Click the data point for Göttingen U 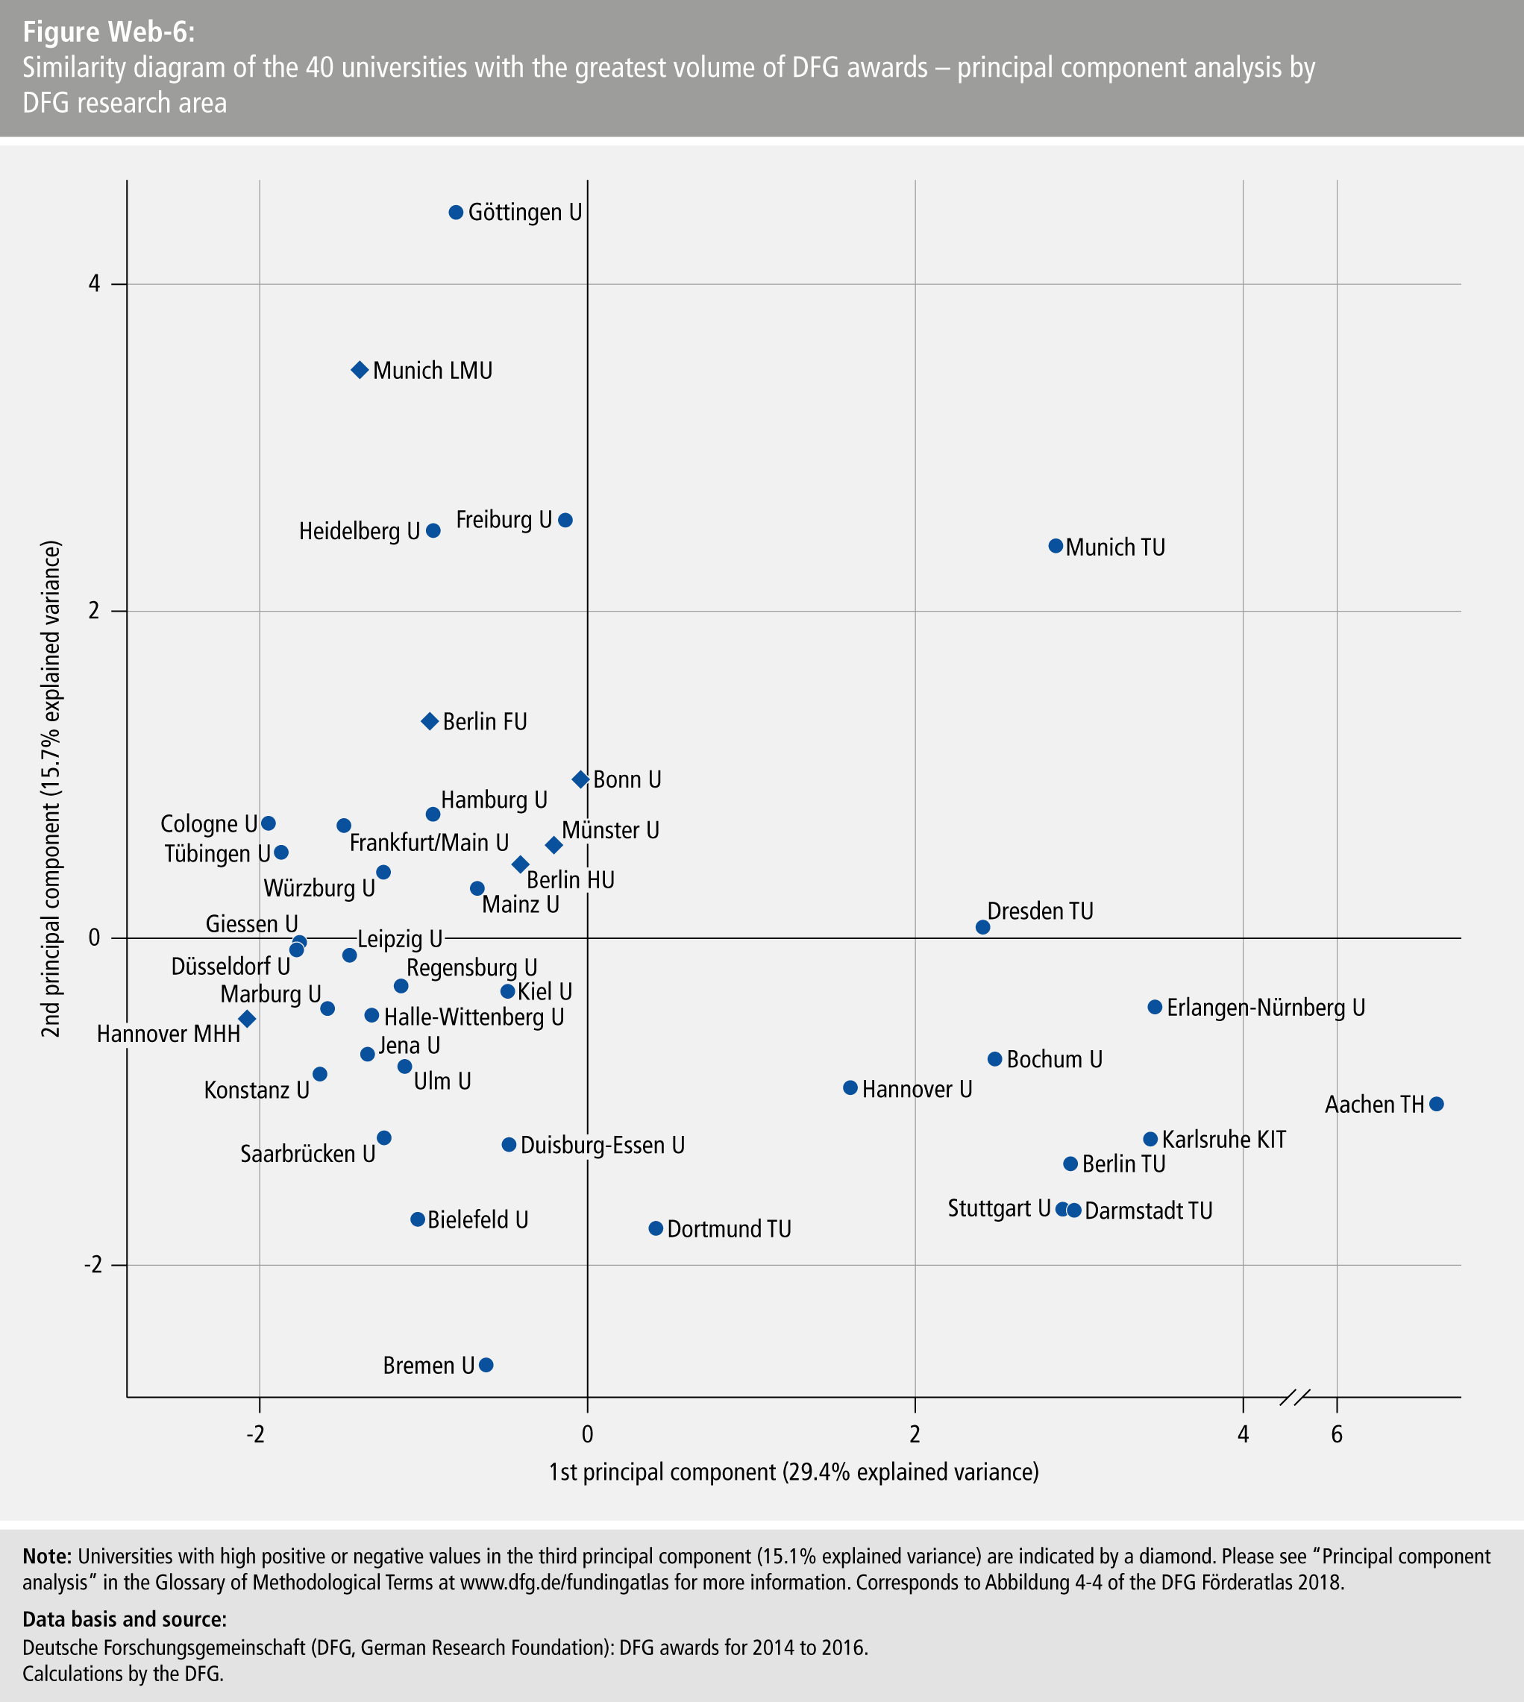[456, 213]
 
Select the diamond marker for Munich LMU [360, 370]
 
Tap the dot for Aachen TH [1436, 1105]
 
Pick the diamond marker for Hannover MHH [247, 1019]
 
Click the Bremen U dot [486, 1365]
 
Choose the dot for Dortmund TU [656, 1228]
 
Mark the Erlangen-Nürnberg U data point [1155, 1007]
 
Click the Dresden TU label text [1040, 911]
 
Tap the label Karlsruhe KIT [1223, 1140]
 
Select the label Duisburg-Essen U [602, 1146]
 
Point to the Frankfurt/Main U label [429, 842]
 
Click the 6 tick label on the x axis [1337, 1435]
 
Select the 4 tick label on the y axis [94, 285]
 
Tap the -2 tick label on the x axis [255, 1435]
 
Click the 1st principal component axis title [793, 1472]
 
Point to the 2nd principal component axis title [52, 789]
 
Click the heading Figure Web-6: [109, 32]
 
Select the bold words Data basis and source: [124, 1619]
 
